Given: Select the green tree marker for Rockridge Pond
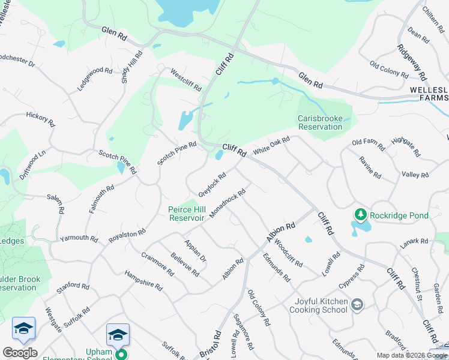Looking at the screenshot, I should (x=360, y=214).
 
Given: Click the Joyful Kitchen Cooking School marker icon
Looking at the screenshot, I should (x=357, y=305).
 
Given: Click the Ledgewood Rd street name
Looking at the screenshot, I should (x=95, y=79).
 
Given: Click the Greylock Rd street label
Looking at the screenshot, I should (x=212, y=185).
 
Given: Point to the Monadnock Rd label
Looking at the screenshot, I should (x=228, y=204).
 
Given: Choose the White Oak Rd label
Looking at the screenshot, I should (x=271, y=146).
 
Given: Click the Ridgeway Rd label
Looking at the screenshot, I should (x=412, y=61).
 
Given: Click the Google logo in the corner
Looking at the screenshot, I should (x=20, y=353).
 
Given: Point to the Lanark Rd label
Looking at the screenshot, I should (x=415, y=241).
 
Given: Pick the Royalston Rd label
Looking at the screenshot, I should (x=127, y=235).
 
